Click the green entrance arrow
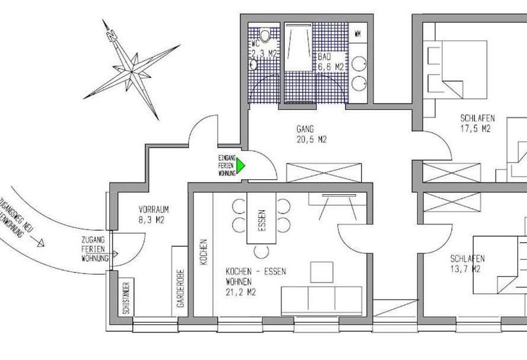241,166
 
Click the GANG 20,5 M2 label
311,133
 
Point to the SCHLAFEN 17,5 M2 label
476,123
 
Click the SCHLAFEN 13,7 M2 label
467,264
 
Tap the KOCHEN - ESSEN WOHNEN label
248,282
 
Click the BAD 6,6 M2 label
332,61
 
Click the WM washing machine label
357,32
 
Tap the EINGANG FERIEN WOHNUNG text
226,166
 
